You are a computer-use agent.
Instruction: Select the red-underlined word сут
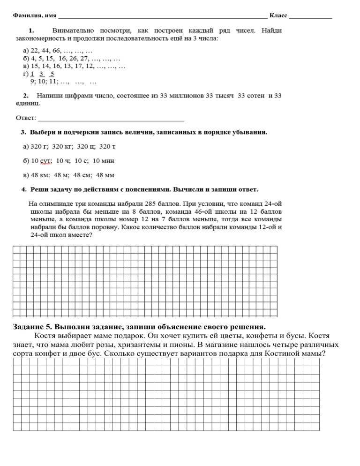point(45,161)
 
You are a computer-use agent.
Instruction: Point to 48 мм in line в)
point(105,175)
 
